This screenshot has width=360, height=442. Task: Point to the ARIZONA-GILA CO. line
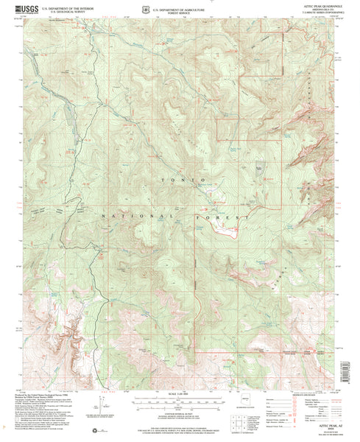tap(324, 10)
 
